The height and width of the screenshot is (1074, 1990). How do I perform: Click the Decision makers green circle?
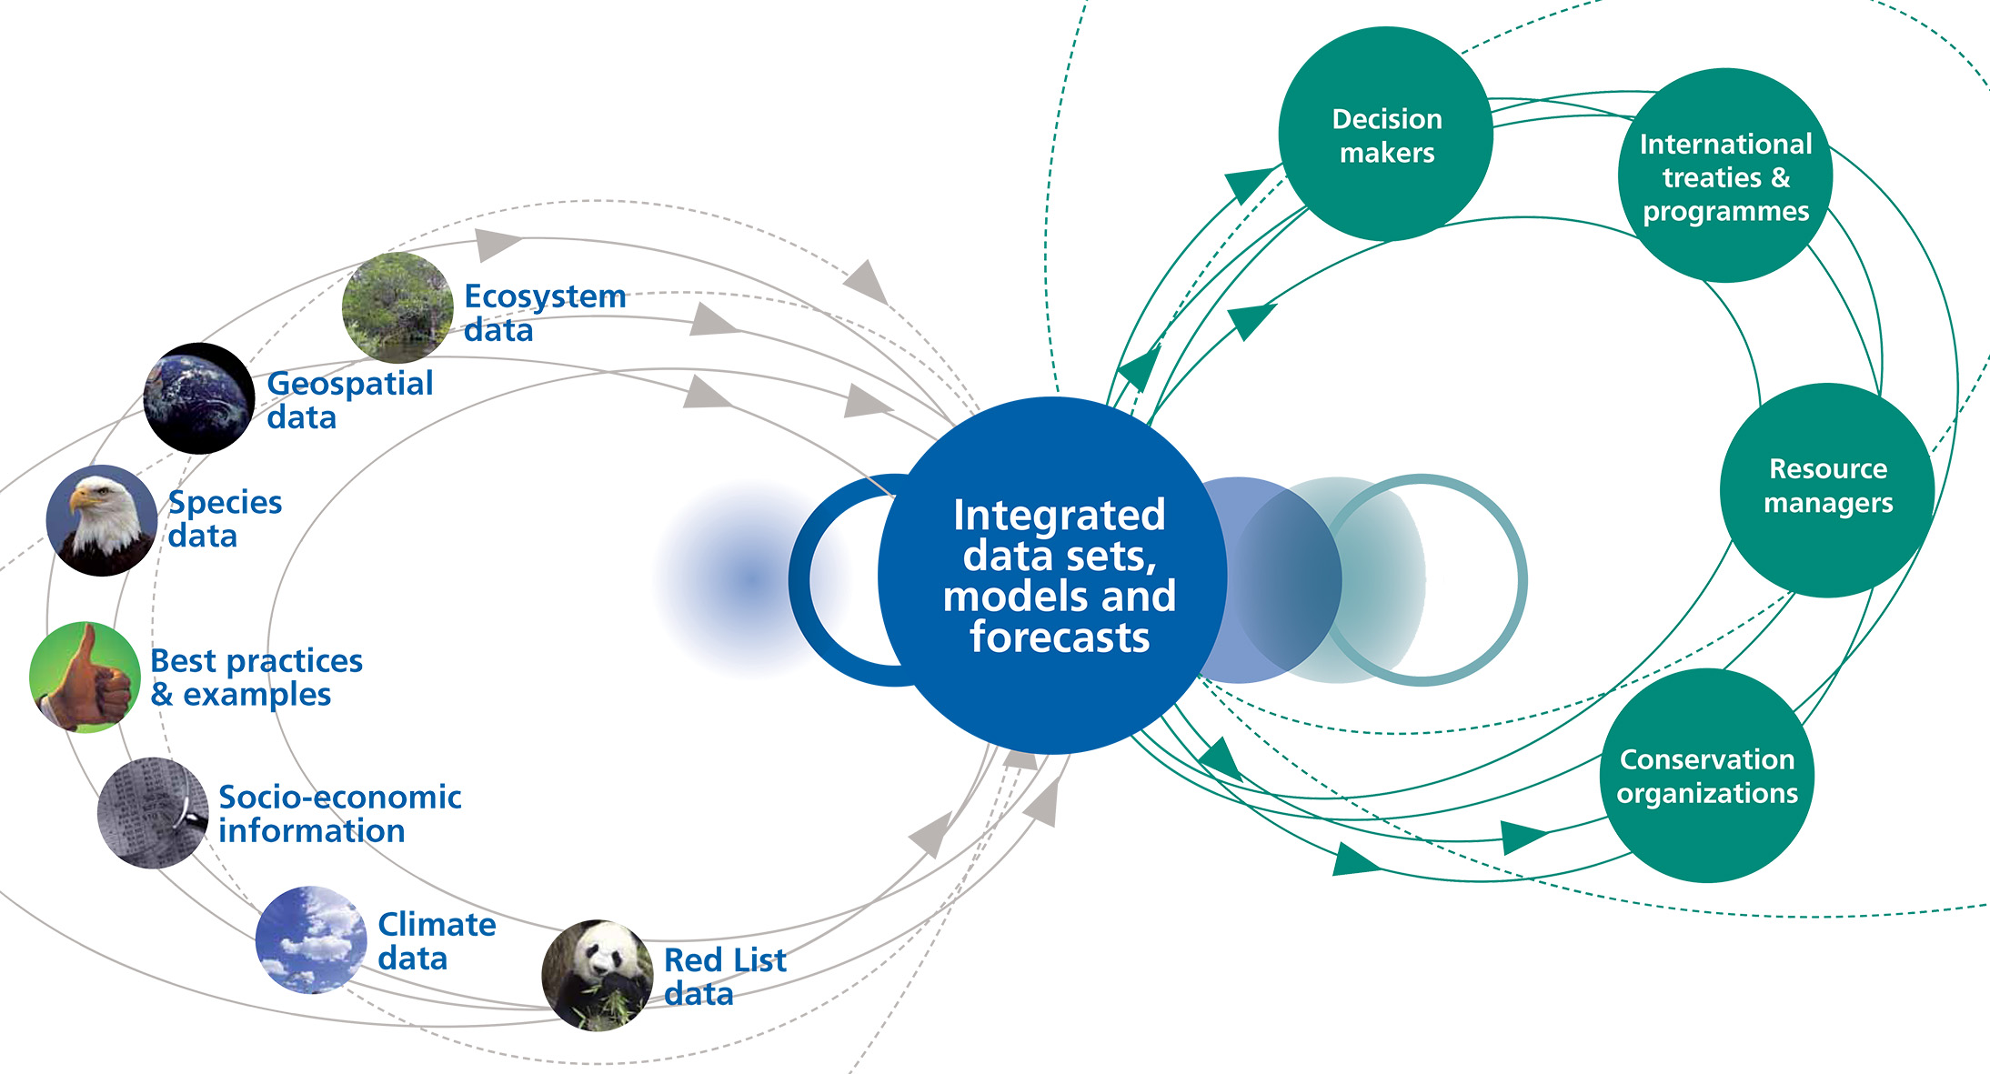[1385, 135]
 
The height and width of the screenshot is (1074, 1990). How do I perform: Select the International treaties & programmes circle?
[1724, 176]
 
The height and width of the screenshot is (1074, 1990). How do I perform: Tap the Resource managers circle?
[1827, 489]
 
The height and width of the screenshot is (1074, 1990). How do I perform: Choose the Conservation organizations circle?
[1706, 776]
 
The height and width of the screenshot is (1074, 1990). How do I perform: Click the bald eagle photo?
[101, 520]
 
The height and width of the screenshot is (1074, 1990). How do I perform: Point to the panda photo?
[597, 975]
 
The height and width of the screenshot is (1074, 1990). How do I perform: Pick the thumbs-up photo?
[85, 677]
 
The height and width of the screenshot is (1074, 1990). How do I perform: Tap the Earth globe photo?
[198, 398]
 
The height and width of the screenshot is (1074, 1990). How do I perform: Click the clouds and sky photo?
[310, 939]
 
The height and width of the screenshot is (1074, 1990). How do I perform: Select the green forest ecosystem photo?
[397, 307]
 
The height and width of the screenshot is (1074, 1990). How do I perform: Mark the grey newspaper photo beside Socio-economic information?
[153, 812]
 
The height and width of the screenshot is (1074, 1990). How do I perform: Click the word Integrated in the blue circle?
[1059, 515]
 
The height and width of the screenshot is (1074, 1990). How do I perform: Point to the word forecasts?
[1059, 637]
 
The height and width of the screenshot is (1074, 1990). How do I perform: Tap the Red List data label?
[724, 976]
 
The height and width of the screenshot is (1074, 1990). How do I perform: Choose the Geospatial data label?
[349, 400]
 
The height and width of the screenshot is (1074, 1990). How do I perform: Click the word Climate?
[437, 924]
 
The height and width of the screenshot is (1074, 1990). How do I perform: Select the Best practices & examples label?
[256, 678]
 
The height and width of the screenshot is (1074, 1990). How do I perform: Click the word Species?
[225, 502]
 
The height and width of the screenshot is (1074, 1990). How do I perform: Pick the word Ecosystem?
[545, 296]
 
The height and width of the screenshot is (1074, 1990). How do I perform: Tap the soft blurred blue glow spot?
[748, 578]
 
